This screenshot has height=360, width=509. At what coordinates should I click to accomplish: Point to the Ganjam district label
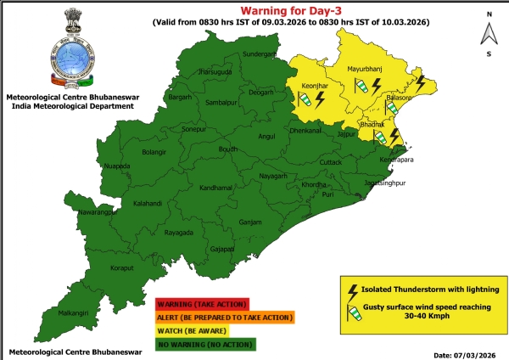tap(250, 222)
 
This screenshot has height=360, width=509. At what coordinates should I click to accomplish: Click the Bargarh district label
tap(179, 98)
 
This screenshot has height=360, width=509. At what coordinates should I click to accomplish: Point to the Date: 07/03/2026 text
tap(462, 352)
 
